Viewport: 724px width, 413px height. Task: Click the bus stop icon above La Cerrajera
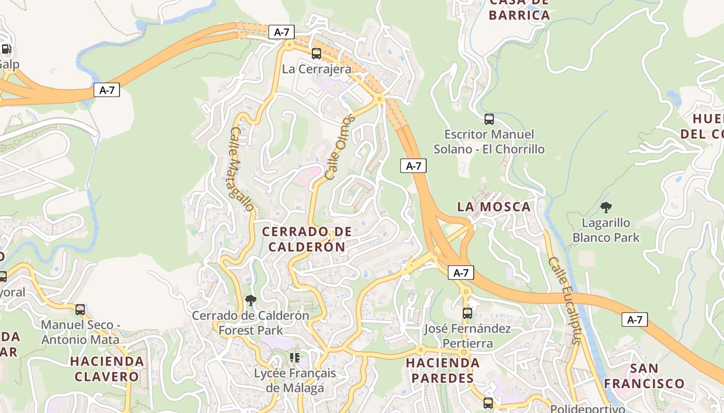316,53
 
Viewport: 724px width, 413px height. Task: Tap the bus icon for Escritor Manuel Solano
489,119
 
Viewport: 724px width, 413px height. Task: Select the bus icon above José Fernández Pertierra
467,313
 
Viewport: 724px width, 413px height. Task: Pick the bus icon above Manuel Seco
80,310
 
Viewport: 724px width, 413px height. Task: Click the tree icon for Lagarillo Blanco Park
606,208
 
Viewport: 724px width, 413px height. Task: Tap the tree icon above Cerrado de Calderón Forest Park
251,300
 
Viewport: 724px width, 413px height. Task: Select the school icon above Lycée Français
295,358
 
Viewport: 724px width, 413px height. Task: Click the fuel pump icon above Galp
6,50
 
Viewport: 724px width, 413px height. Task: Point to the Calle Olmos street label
340,147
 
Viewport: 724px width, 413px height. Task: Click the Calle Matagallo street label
242,169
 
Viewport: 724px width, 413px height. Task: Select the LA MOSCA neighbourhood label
494,207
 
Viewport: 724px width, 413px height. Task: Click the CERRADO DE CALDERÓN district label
307,239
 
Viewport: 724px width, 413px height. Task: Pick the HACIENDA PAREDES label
442,370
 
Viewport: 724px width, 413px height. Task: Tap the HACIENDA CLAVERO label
107,369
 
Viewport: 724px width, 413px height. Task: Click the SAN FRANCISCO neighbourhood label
644,376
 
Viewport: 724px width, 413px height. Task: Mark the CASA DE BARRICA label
519,9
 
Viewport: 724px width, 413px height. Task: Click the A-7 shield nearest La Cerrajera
281,32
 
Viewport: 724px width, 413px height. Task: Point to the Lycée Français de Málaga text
295,380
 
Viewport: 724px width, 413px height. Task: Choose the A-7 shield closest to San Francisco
635,320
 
